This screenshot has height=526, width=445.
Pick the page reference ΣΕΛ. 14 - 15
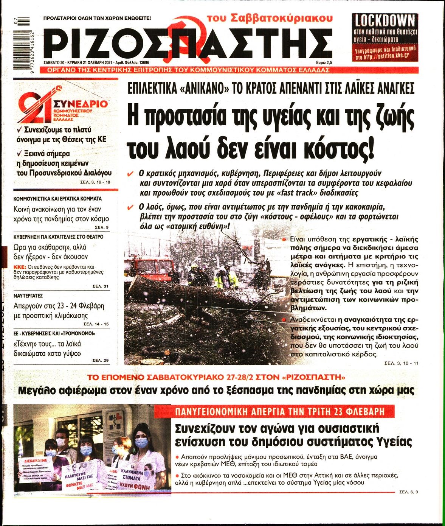pyautogui.click(x=96, y=324)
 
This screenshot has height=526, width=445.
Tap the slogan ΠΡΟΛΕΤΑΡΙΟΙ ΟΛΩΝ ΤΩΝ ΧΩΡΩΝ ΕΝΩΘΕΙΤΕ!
pyautogui.click(x=97, y=18)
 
